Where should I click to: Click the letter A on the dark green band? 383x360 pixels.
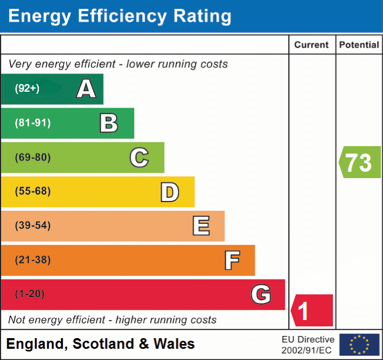coord(86,89)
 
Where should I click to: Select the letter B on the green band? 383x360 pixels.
coord(109,123)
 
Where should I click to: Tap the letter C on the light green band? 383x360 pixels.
coord(139,157)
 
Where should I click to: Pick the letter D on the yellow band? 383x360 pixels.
coord(169,192)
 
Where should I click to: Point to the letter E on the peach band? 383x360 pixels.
coord(201,226)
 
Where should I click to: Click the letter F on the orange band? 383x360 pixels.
coord(232,260)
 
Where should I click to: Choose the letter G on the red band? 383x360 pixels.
coord(261,294)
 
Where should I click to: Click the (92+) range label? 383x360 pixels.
coord(27,89)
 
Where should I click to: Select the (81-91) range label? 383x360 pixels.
coord(33,123)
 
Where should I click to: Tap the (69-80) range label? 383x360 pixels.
coord(33,157)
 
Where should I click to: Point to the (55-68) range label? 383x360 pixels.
coord(33,191)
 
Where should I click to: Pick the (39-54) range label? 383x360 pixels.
coord(33,226)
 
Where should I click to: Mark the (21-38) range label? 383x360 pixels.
coord(33,260)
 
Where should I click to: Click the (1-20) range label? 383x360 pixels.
coord(30,294)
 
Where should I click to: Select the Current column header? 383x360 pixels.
coord(312,45)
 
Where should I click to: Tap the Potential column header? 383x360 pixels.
coord(359,45)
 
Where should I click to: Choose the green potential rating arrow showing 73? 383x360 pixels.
coord(360,162)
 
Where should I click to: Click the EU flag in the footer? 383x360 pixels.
coord(359,345)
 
